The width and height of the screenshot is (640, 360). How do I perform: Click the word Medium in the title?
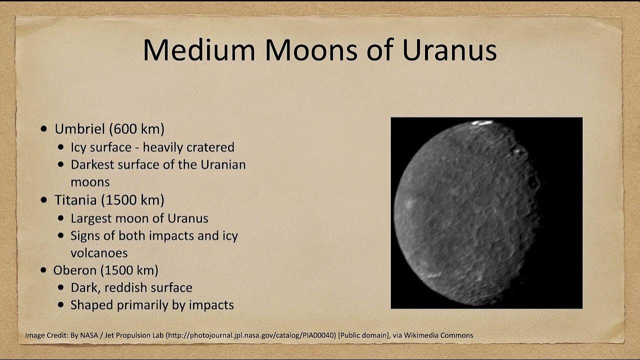coord(200,50)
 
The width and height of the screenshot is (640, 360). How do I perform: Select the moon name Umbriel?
coord(81,129)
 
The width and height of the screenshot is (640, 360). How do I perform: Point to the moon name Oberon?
coord(75,270)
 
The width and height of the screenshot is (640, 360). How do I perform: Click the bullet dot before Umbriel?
coord(44,129)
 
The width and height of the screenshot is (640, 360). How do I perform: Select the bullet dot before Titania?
coord(44,200)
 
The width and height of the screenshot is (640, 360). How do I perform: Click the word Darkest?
coord(94,164)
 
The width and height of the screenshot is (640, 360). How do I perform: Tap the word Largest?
coord(91,218)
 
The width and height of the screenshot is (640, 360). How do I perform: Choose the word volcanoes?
coord(99,252)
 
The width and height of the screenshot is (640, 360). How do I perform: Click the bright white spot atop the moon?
coord(482,122)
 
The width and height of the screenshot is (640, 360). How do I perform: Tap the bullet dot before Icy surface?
coord(61,147)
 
